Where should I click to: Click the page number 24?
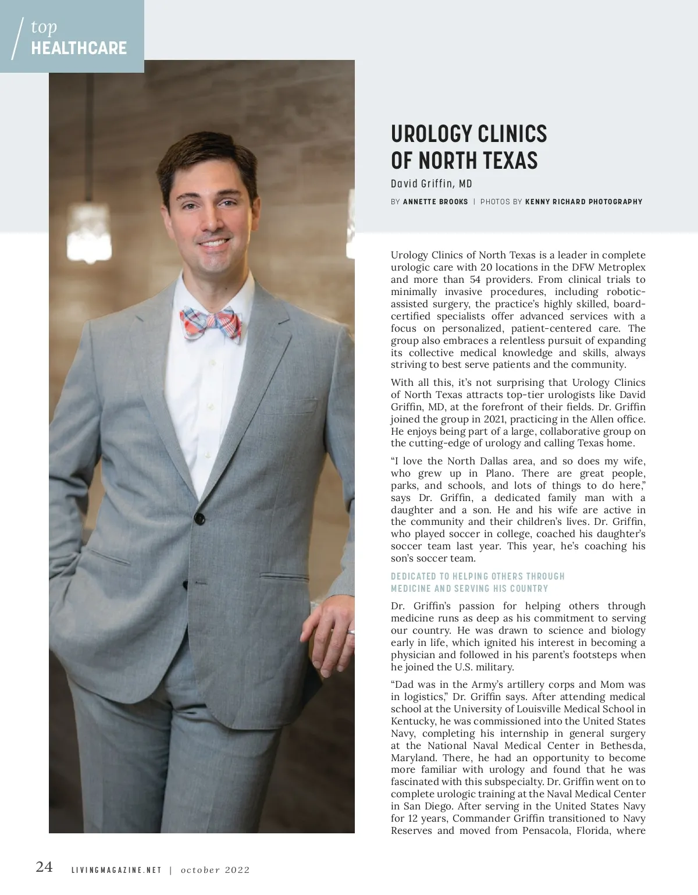tap(44, 866)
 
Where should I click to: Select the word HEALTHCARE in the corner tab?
tap(79, 48)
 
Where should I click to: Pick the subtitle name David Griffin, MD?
tap(431, 184)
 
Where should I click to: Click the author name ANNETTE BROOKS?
tap(435, 202)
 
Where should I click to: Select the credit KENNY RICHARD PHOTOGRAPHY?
tap(583, 202)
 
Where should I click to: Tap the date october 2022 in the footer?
tap(215, 871)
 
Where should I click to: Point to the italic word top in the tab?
tap(44, 26)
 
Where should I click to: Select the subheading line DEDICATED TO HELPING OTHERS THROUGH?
tap(478, 576)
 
